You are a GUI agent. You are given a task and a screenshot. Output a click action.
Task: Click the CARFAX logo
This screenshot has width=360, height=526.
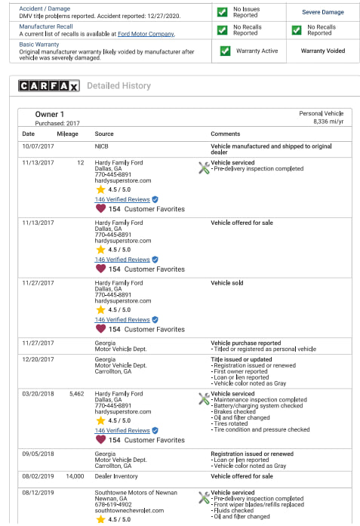(x=48, y=86)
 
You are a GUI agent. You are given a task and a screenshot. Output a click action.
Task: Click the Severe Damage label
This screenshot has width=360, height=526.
(x=323, y=13)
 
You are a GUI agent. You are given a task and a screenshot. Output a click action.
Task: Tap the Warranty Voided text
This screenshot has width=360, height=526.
(x=323, y=51)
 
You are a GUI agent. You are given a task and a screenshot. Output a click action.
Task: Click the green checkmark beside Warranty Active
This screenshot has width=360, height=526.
(x=225, y=51)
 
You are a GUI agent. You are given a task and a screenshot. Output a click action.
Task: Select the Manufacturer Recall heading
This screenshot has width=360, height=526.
(x=46, y=26)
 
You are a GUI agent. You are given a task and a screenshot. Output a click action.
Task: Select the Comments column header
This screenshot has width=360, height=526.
(x=225, y=134)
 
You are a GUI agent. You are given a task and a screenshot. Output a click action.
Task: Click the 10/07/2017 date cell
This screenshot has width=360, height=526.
(x=38, y=145)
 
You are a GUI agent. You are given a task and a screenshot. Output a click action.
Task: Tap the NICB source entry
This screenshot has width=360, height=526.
(x=102, y=145)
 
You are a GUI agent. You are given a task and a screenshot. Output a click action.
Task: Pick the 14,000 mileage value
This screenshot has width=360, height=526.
(x=75, y=477)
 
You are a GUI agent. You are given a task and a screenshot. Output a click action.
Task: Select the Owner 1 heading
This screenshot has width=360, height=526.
(x=50, y=114)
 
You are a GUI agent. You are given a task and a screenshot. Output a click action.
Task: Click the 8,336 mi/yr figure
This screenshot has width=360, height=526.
(x=328, y=121)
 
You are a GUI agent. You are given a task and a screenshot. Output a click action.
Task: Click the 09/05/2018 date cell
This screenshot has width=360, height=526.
(x=38, y=454)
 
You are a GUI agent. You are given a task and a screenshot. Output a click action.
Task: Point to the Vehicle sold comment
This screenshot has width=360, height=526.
(x=227, y=283)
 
